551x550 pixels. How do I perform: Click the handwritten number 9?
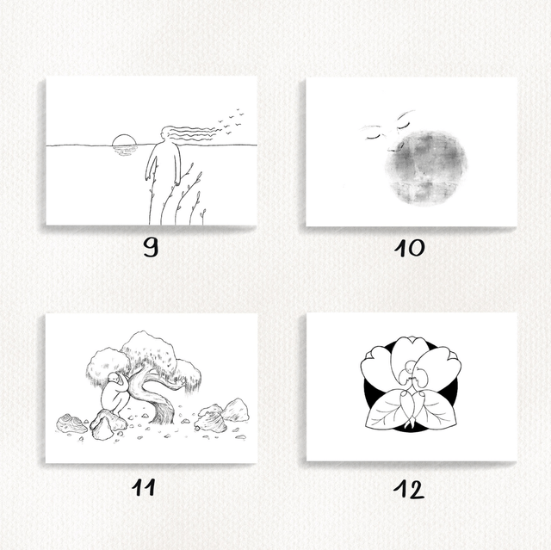[152, 247]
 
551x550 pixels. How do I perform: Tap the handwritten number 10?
[410, 248]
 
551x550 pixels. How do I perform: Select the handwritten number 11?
[144, 487]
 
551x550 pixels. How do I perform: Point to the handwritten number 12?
[409, 489]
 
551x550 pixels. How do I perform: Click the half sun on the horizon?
[124, 139]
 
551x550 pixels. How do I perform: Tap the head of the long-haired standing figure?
[165, 134]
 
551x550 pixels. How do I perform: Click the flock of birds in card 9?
[230, 121]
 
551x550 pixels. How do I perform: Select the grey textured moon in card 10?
[425, 168]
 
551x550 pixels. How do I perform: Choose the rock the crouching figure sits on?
[107, 423]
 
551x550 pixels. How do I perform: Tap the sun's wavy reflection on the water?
[124, 151]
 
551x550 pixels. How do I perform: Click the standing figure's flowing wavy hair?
[191, 134]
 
